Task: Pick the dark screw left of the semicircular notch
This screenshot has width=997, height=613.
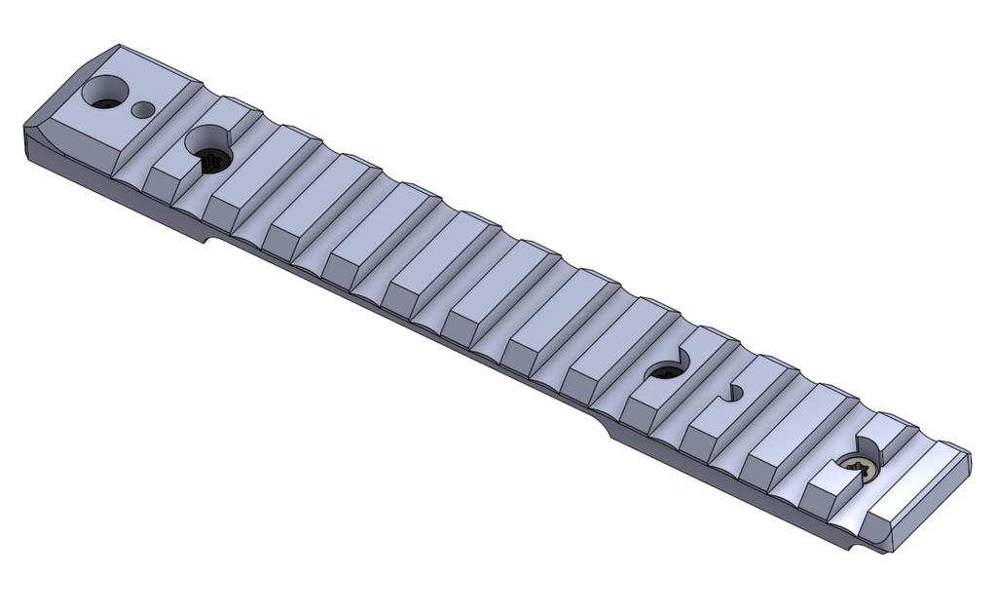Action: click(668, 369)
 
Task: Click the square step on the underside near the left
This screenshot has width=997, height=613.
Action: click(208, 238)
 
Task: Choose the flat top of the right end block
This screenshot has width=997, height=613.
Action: click(920, 487)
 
